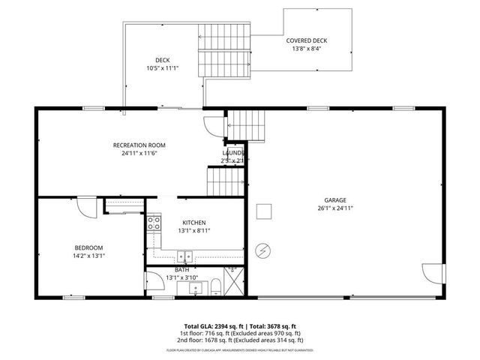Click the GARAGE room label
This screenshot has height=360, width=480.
334,200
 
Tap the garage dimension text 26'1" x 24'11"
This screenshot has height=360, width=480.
334,208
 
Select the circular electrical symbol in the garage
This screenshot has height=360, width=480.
264,250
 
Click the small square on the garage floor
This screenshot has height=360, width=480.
263,212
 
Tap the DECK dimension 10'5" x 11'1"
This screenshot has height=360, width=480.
162,68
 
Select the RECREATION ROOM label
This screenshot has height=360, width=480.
139,145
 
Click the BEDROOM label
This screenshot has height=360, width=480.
88,247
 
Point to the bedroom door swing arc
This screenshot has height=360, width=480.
89,207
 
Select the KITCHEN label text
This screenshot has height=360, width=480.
194,223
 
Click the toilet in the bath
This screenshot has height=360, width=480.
215,286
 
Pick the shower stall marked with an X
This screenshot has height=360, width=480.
234,283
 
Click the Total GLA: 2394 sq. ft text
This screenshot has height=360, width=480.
207,326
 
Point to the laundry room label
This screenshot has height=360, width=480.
233,152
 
